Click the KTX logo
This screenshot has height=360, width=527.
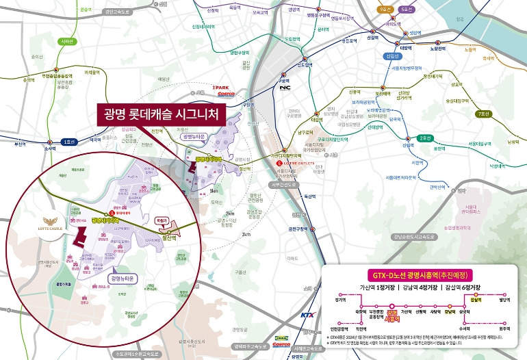pos(308,316)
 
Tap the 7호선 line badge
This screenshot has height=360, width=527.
pos(485,113)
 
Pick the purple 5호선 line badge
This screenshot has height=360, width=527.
pos(408,10)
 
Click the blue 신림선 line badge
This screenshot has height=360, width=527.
pos(392,56)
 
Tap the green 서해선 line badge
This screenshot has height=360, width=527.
pos(67,41)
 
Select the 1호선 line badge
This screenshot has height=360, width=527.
pos(68,142)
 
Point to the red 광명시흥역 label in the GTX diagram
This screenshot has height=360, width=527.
pos(393,316)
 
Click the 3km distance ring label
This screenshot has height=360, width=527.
pos(245,235)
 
